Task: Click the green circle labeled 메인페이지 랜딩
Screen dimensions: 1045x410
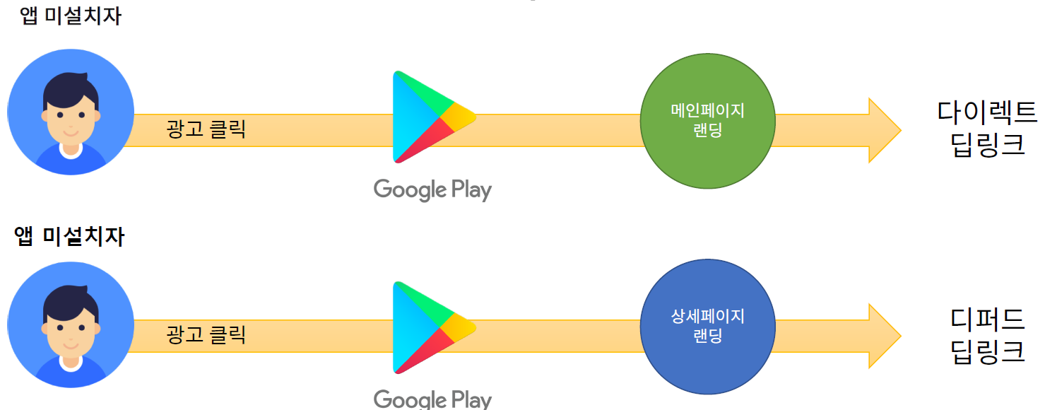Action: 707,122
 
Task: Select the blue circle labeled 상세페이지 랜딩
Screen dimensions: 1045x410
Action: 707,326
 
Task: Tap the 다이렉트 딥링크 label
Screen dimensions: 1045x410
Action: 987,128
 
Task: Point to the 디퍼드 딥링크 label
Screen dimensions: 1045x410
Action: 987,335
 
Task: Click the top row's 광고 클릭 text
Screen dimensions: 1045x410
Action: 206,129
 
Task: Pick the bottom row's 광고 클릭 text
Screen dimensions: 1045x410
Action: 206,334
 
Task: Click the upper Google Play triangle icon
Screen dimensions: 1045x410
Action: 430,117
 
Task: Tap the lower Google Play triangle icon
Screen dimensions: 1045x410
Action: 430,327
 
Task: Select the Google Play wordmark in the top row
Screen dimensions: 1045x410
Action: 432,189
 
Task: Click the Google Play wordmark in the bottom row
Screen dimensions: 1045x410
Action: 432,399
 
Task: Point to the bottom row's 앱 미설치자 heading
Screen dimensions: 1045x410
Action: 69,236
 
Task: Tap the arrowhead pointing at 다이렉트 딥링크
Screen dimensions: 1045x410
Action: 883,130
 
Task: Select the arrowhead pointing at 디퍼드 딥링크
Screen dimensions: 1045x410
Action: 883,336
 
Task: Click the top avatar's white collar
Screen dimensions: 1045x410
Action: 71,151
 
